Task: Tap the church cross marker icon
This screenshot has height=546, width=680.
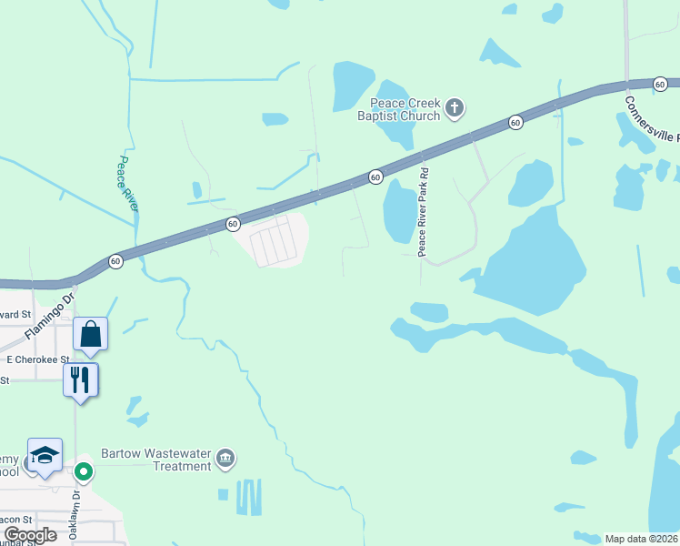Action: [x=455, y=109]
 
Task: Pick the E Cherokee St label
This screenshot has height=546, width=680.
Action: [x=37, y=359]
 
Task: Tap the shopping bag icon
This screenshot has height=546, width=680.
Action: [x=91, y=334]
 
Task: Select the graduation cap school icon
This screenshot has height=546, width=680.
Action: [x=45, y=455]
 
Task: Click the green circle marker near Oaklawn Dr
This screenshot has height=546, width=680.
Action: [x=84, y=471]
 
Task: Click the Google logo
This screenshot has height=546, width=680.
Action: [x=30, y=535]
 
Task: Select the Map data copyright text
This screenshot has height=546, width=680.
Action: [x=642, y=539]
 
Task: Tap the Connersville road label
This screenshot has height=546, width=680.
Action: [x=651, y=118]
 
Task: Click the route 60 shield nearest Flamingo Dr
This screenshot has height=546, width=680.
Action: [x=115, y=260]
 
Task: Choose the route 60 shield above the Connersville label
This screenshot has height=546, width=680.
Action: [x=661, y=84]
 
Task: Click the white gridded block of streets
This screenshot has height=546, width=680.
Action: [x=274, y=241]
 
